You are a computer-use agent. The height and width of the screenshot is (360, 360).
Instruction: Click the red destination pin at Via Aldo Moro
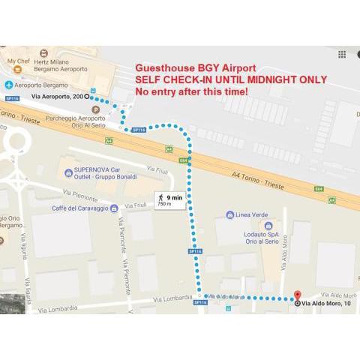(x=296, y=295)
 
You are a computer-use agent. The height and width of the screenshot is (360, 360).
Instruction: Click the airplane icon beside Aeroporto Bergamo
(x=7, y=83)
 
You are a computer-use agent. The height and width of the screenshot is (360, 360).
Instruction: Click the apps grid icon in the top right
(x=342, y=54)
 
